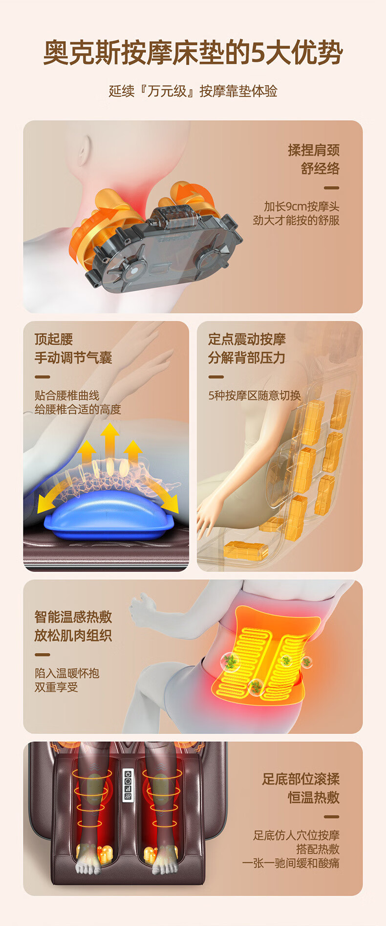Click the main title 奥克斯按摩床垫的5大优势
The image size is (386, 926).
[x=193, y=53]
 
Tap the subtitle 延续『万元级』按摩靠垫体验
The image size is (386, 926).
[x=193, y=91]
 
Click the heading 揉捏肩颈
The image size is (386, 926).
[x=314, y=150]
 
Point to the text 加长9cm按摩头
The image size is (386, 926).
[x=301, y=206]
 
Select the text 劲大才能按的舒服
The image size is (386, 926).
[x=296, y=220]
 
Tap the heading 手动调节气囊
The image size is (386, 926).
[x=73, y=358]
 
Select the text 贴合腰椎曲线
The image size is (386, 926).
[x=67, y=396]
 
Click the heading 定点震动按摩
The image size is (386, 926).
[x=247, y=339]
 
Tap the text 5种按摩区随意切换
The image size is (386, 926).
[x=255, y=396]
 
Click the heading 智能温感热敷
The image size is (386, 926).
[x=73, y=617]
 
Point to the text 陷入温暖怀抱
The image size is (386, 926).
[x=67, y=673]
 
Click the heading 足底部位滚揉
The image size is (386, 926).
[x=301, y=779]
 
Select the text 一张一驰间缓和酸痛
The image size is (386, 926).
[x=291, y=863]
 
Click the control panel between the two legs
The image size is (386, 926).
[x=128, y=785]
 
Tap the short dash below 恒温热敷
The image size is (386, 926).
[x=332, y=817]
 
